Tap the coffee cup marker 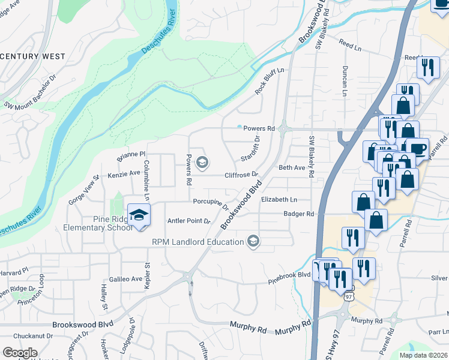(418, 148)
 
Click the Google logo (20, 353)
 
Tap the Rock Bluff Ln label (269, 80)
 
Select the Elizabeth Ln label (279, 199)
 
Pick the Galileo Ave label (125, 279)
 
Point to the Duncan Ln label (345, 81)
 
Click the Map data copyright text (423, 355)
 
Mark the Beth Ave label (292, 168)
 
